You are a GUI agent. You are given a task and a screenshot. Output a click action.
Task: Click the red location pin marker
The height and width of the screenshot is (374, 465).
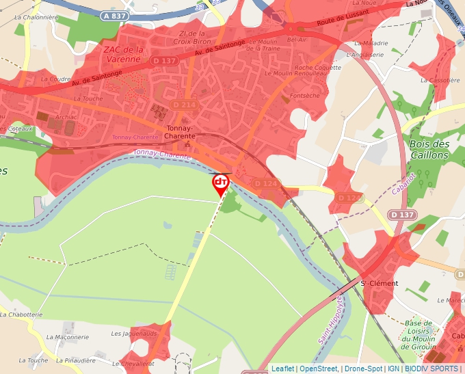click(x=220, y=183)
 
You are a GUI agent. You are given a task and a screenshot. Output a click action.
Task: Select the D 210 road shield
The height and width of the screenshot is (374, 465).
click(x=184, y=105)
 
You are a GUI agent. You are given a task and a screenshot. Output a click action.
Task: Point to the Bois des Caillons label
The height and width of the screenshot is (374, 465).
click(x=429, y=149)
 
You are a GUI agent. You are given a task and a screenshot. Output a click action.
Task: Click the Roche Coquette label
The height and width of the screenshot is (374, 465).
click(x=317, y=68)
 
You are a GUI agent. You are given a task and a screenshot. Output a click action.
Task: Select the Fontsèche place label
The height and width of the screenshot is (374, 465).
click(x=304, y=96)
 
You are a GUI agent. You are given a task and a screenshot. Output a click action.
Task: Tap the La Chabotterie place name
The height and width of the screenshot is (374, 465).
click(x=22, y=315)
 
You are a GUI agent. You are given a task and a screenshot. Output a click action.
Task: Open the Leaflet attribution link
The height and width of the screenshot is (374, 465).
click(x=282, y=369)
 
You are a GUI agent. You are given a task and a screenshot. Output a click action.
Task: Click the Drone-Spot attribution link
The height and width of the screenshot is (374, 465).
click(x=363, y=369)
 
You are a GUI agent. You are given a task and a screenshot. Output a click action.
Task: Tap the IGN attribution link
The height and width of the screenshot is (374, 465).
click(x=393, y=369)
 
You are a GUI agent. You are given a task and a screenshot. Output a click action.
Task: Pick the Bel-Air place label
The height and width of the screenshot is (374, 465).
click(x=297, y=40)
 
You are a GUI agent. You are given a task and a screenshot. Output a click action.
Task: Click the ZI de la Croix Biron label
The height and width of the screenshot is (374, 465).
click(x=192, y=38)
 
